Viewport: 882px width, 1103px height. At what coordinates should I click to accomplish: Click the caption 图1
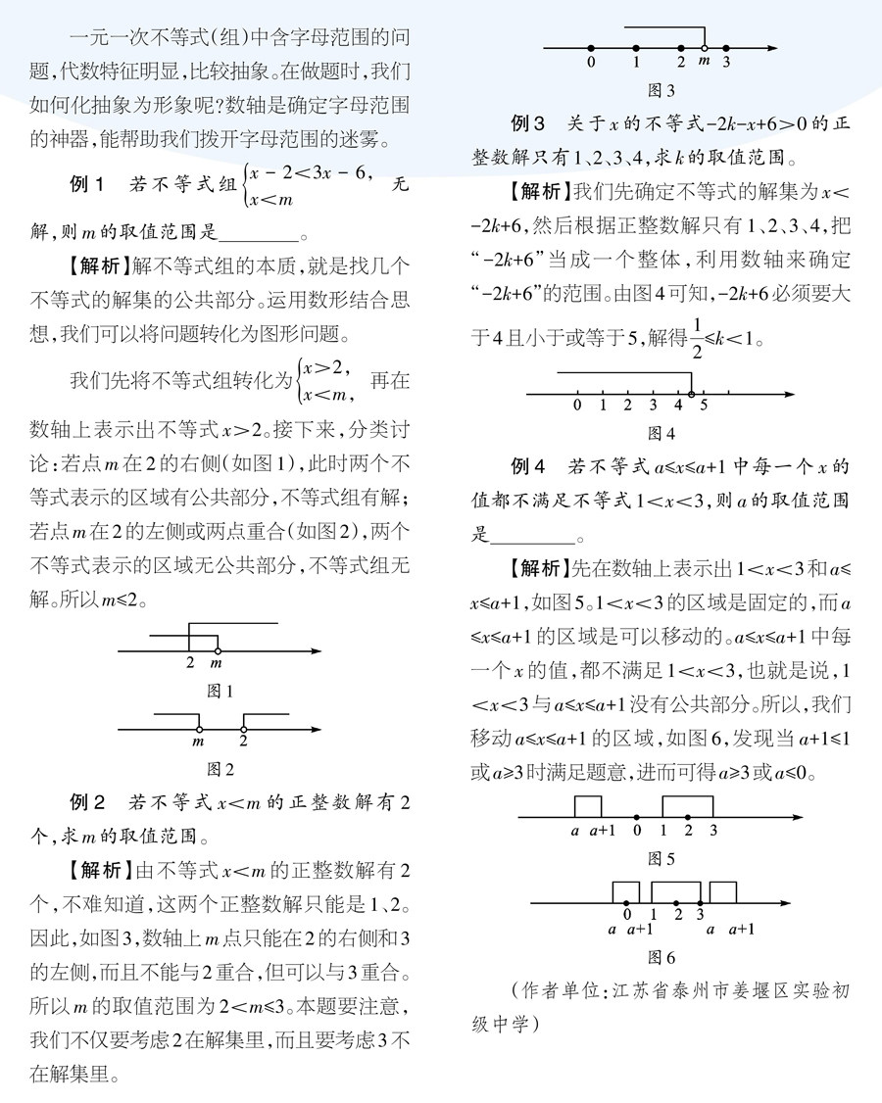(x=220, y=691)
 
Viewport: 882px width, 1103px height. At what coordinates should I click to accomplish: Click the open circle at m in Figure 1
(x=218, y=648)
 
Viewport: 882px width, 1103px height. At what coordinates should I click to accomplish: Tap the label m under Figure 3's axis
(x=703, y=62)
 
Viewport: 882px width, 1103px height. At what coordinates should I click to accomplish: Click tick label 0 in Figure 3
(x=590, y=62)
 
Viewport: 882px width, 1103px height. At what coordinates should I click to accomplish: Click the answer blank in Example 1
(x=259, y=234)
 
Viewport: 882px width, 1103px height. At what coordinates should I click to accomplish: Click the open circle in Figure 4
(x=691, y=394)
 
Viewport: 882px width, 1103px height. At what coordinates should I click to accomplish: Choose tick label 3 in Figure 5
(x=712, y=831)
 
